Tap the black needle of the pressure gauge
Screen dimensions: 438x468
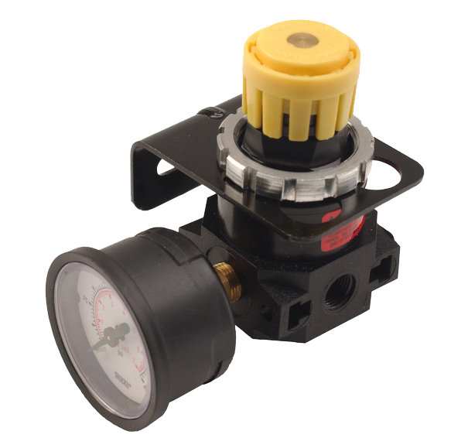108,340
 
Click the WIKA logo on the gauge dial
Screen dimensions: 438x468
125,379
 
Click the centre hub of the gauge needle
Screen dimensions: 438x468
118,334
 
